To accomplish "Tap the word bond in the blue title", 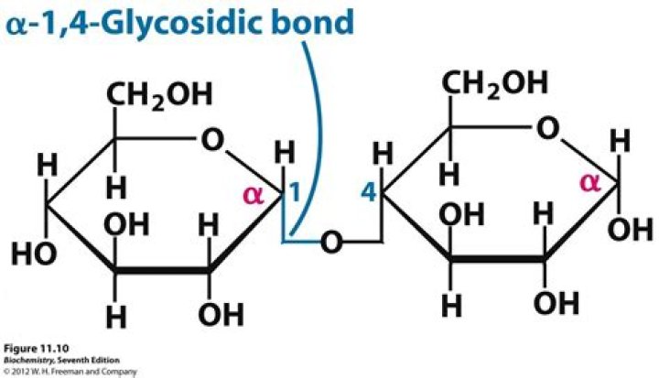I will tap(308, 22).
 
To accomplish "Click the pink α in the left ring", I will tap(252, 194).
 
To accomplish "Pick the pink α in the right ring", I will tap(590, 184).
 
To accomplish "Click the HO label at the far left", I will tap(31, 253).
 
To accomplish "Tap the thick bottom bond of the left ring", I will tap(163, 271).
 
